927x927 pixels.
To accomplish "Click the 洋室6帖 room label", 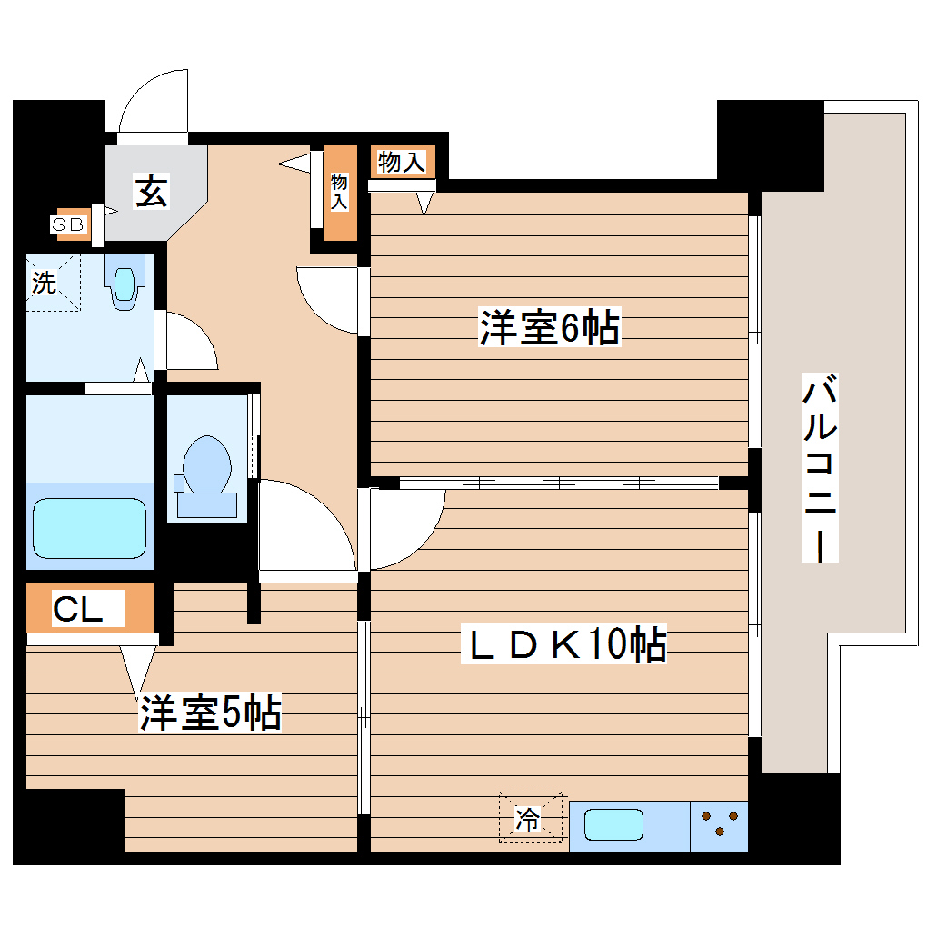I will click(550, 328).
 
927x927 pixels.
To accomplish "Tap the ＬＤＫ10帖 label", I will click(568, 644).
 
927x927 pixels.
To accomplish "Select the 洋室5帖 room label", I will click(210, 713).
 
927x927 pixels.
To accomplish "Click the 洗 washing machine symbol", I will click(45, 283).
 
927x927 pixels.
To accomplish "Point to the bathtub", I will click(89, 527).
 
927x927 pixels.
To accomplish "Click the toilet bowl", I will click(205, 463).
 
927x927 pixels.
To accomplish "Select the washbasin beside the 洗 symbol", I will click(125, 281).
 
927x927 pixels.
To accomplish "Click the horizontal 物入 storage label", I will click(401, 163).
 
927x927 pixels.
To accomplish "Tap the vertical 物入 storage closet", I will click(340, 193).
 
